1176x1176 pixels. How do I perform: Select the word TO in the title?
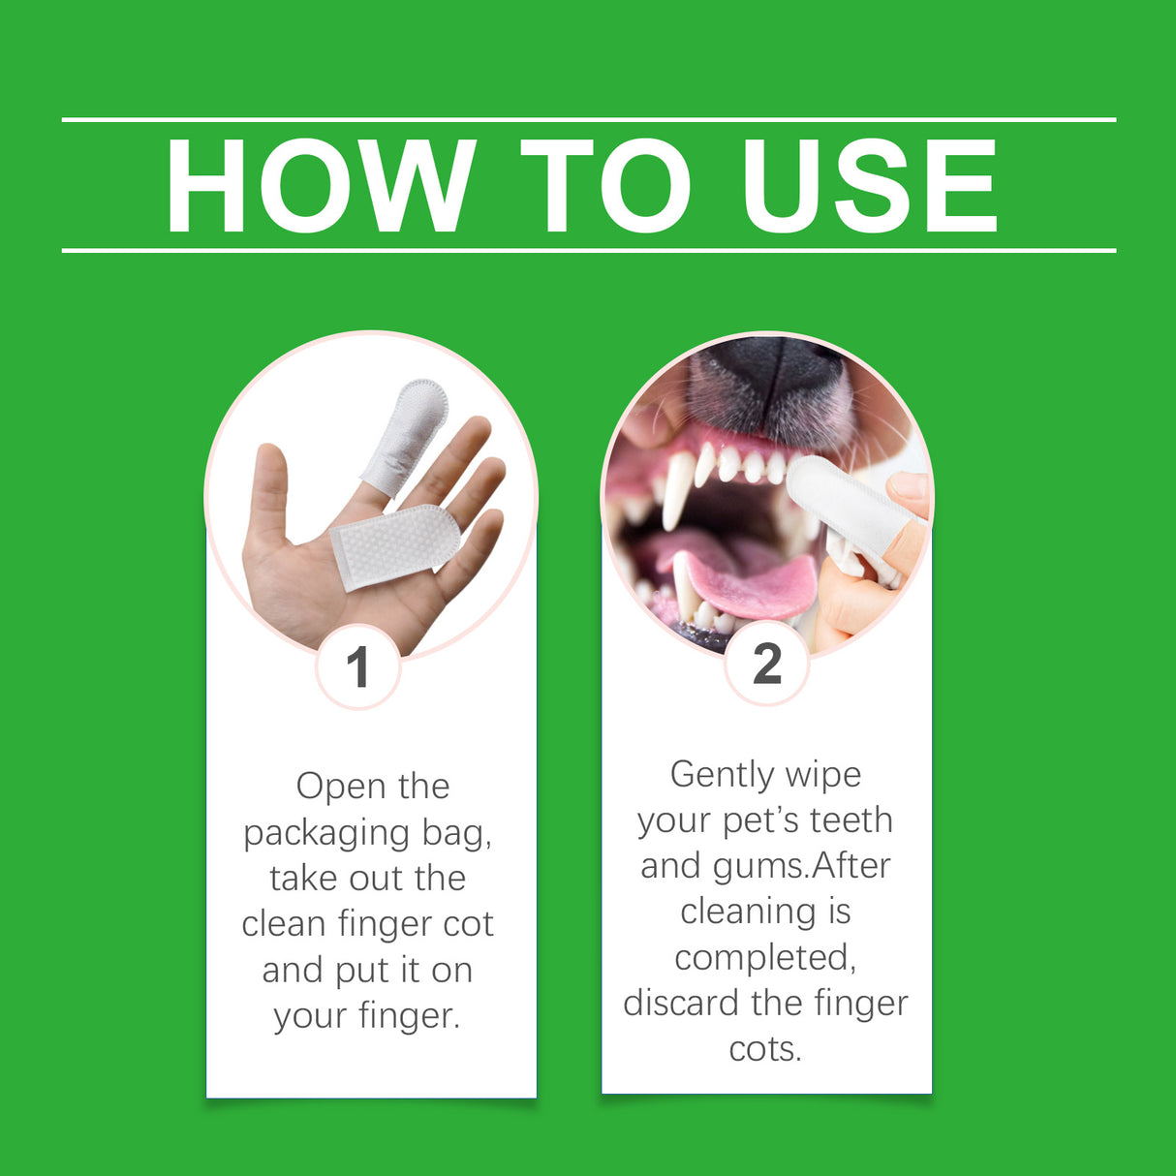pos(604,186)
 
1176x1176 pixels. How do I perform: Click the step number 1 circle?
pos(357,666)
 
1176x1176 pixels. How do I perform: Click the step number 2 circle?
pos(766,664)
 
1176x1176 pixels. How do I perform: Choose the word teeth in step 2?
pos(851,820)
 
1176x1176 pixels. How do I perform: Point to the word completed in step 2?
pos(765,957)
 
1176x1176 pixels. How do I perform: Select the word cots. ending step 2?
pos(765,1048)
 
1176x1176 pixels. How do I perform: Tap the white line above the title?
pos(588,119)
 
